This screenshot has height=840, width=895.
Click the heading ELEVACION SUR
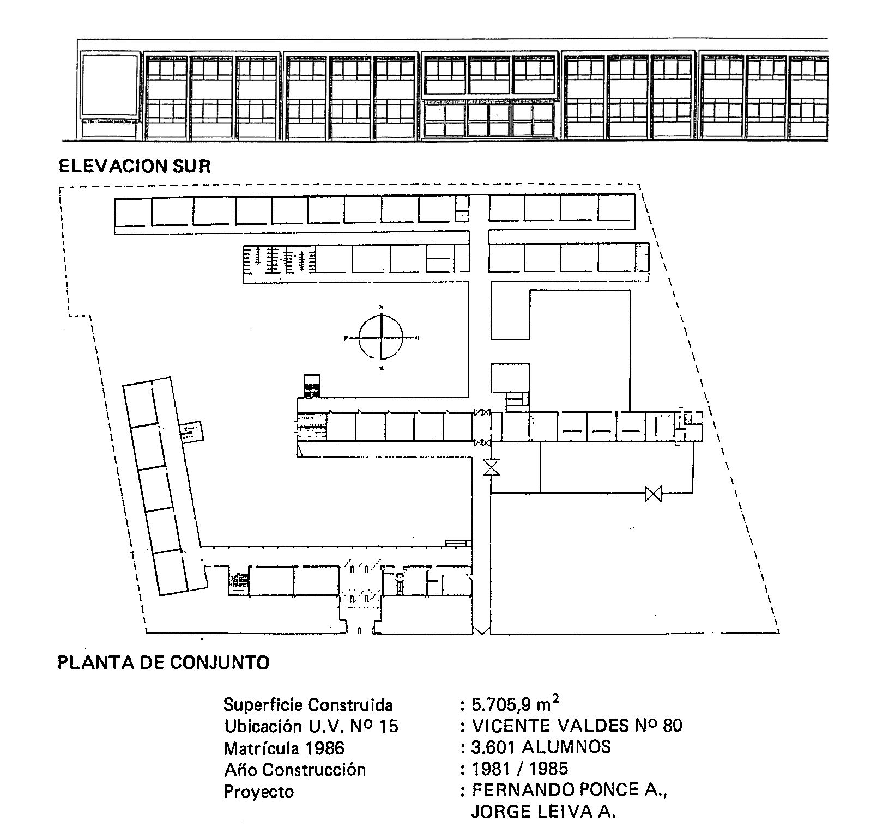coord(134,166)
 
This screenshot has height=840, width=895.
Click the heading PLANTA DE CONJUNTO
coord(164,662)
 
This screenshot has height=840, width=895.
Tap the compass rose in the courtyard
coord(381,338)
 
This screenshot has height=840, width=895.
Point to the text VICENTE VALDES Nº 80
coord(577,726)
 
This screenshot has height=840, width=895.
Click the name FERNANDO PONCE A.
coord(570,790)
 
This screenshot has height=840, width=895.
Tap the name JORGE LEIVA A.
coord(543,812)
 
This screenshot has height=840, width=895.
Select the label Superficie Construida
coord(308,705)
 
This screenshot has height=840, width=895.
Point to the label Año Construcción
coord(294,769)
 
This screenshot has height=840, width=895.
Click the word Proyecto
coord(258,791)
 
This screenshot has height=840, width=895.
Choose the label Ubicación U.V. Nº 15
coord(311,726)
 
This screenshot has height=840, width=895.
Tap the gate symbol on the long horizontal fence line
coord(653,494)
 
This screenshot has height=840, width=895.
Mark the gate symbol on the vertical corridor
coord(492,467)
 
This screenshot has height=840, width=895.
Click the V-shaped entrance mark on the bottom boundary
coord(481,630)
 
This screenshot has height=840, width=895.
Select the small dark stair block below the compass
coord(312,386)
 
